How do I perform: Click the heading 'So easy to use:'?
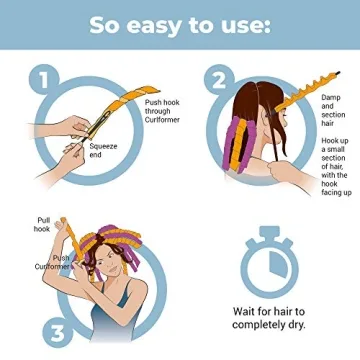tap(179, 24)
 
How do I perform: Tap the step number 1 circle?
tap(40, 78)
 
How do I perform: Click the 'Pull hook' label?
tap(44, 225)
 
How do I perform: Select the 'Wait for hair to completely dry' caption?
tap(269, 317)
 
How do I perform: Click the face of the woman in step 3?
tap(120, 264)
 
